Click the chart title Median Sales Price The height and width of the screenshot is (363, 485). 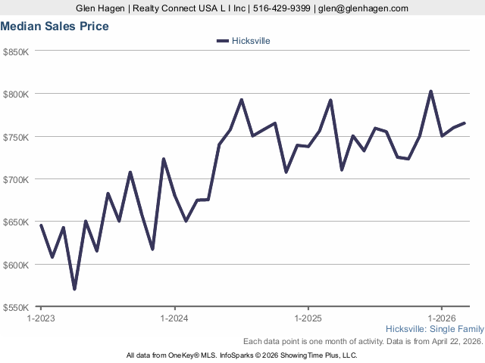pyautogui.click(x=54, y=26)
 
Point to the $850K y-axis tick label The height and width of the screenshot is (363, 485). pyautogui.click(x=16, y=51)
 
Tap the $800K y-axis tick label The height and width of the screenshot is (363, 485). pyautogui.click(x=16, y=94)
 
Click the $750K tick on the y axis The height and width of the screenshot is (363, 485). pyautogui.click(x=16, y=137)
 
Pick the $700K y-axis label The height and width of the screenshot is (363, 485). pyautogui.click(x=16, y=179)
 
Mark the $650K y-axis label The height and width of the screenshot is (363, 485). pyautogui.click(x=16, y=222)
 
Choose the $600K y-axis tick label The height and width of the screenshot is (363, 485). pyautogui.click(x=16, y=265)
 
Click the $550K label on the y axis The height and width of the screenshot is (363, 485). pyautogui.click(x=16, y=308)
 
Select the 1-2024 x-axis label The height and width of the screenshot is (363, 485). pyautogui.click(x=174, y=318)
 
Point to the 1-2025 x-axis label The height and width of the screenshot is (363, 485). pyautogui.click(x=308, y=318)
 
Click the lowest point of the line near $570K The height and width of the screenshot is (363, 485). pyautogui.click(x=74, y=289)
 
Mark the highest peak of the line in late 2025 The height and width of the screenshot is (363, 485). pyautogui.click(x=430, y=92)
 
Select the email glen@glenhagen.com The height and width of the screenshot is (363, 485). pyautogui.click(x=363, y=8)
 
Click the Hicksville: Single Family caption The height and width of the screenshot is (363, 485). pyautogui.click(x=434, y=330)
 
